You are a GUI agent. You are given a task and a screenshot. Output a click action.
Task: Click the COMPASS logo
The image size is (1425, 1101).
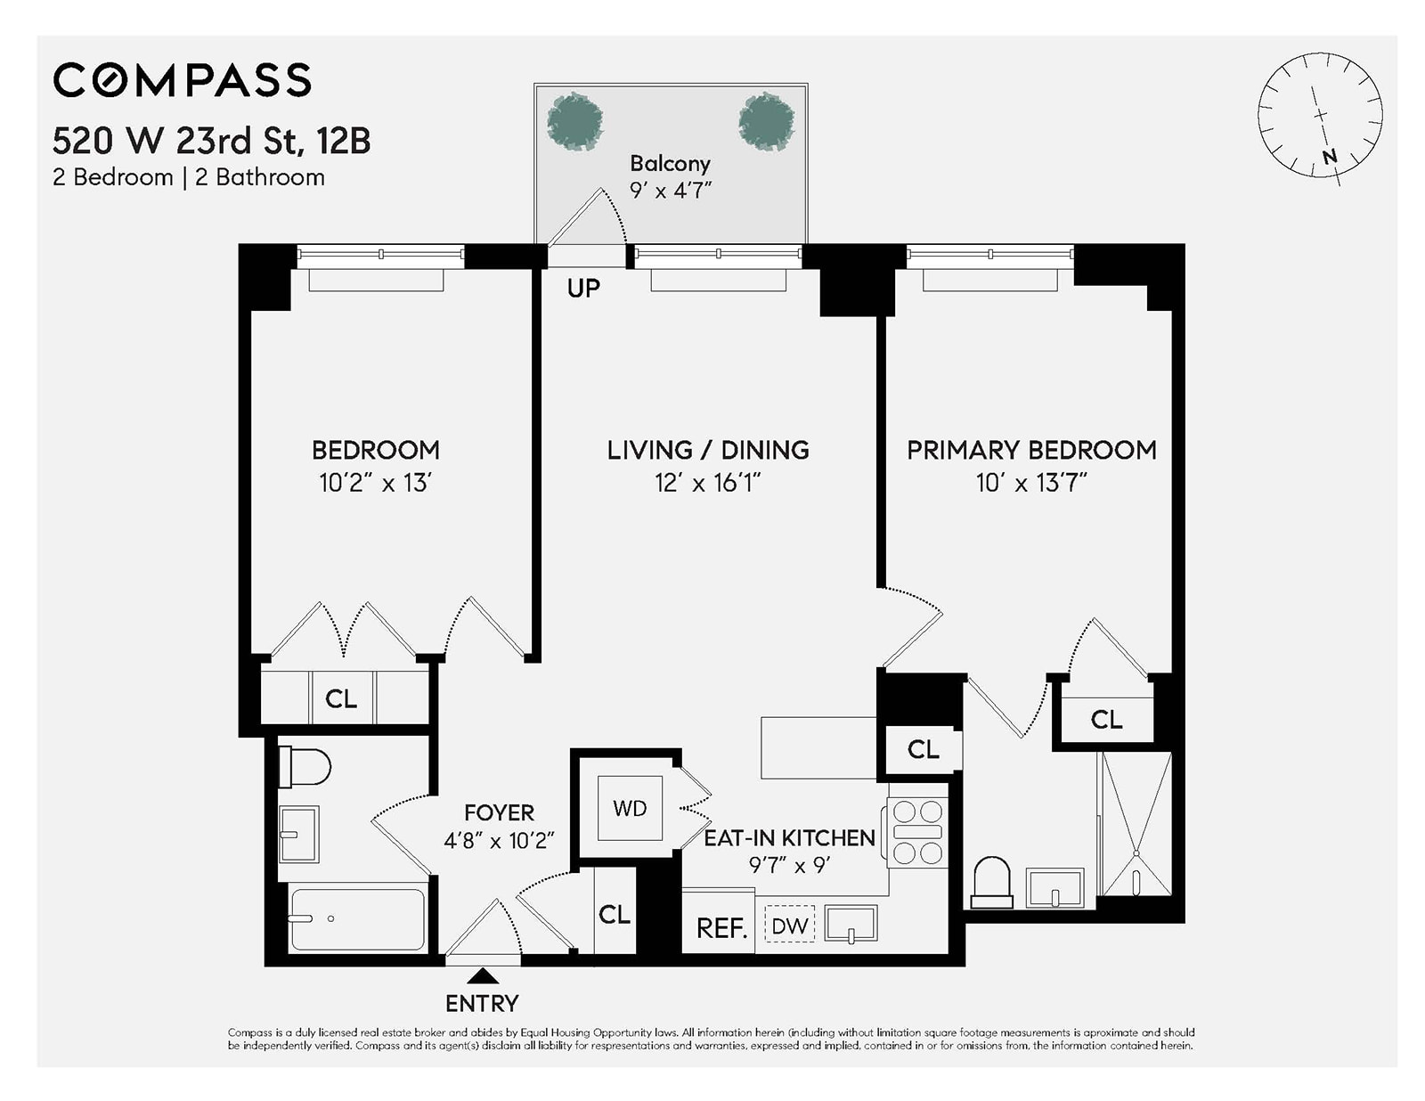pyautogui.click(x=182, y=80)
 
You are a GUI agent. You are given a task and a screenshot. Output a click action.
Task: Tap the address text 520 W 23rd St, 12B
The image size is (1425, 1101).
pyautogui.click(x=211, y=141)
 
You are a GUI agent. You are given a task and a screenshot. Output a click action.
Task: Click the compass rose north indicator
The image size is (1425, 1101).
pyautogui.click(x=1329, y=157)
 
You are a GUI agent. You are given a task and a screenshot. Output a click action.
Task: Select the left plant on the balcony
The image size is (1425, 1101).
pyautogui.click(x=574, y=120)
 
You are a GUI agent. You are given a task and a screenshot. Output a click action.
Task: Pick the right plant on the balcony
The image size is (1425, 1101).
pyautogui.click(x=766, y=120)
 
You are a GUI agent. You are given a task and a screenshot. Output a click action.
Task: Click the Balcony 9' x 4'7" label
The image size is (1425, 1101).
pyautogui.click(x=670, y=176)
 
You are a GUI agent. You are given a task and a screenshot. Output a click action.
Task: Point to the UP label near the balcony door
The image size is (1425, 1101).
pyautogui.click(x=583, y=288)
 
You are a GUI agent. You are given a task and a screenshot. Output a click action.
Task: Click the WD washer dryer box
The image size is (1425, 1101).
pyautogui.click(x=630, y=808)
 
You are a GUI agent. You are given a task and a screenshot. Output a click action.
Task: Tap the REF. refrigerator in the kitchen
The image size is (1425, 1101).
pyautogui.click(x=720, y=927)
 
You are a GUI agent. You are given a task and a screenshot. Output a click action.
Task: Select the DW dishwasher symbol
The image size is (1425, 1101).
pyautogui.click(x=789, y=926)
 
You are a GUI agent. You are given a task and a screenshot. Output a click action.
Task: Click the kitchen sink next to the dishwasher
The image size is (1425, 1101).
pyautogui.click(x=851, y=925)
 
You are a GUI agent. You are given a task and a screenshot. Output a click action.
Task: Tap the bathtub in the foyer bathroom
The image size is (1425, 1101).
pyautogui.click(x=357, y=919)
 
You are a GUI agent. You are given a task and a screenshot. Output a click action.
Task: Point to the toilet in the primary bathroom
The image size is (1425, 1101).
pyautogui.click(x=991, y=881)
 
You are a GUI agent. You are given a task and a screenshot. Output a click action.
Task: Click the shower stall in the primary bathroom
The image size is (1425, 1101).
pyautogui.click(x=1136, y=823)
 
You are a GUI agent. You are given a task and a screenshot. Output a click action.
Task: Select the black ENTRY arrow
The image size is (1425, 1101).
pyautogui.click(x=483, y=975)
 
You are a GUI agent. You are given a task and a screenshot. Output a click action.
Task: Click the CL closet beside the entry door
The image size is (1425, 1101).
pyautogui.click(x=614, y=914)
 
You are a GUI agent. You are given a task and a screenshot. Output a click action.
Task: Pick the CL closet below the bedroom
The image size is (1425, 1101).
pyautogui.click(x=341, y=698)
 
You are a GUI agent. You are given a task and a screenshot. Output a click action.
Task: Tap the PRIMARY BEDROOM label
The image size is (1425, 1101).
pyautogui.click(x=1031, y=450)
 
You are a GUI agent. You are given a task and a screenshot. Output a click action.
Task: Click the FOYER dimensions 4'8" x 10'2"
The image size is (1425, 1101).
pyautogui.click(x=499, y=840)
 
